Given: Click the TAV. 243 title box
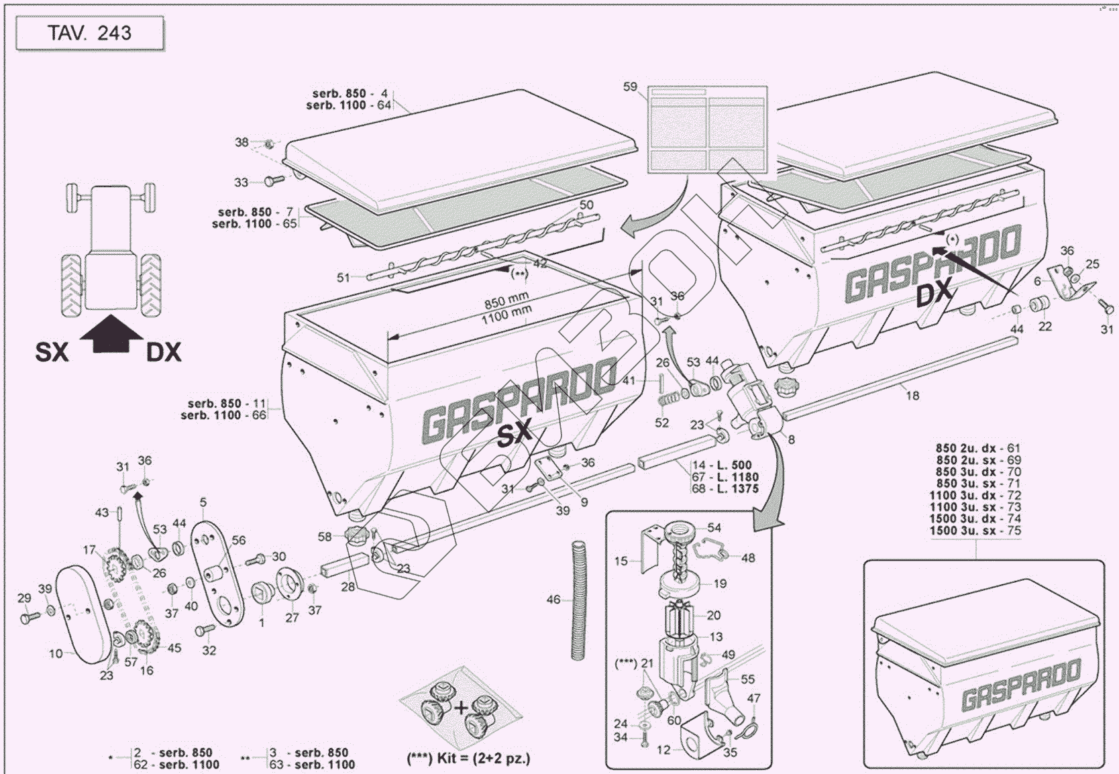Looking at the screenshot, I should click(x=90, y=33).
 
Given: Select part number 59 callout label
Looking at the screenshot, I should click(x=630, y=87).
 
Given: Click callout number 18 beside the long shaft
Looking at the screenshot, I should click(x=912, y=396).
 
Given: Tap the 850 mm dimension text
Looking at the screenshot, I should click(x=507, y=297).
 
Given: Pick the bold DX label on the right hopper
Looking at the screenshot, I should click(x=935, y=294).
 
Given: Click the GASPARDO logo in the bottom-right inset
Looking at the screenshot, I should click(x=1021, y=685).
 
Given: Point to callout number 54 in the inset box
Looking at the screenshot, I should click(x=714, y=528).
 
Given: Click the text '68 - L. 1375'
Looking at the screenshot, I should click(x=726, y=489).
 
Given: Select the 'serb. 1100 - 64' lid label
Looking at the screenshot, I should click(x=348, y=105).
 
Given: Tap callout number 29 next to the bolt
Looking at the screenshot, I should click(x=24, y=598).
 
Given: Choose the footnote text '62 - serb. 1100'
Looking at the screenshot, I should click(x=176, y=764).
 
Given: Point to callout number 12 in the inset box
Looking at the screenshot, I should click(x=663, y=750).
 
